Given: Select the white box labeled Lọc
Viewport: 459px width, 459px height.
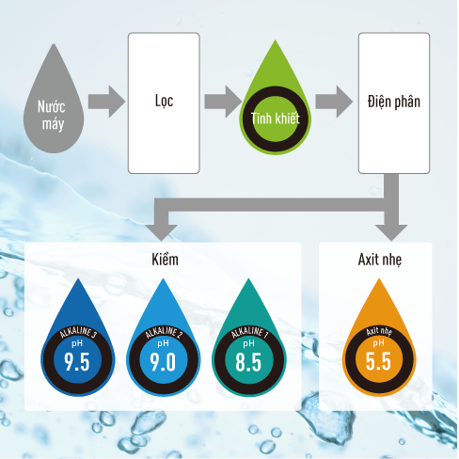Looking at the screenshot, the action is point(164,103).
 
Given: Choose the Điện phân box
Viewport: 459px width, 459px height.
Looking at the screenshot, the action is point(394,103).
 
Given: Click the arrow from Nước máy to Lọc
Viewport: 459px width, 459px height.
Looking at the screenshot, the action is point(106,102).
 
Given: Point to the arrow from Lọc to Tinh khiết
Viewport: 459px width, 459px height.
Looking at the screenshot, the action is point(223,102).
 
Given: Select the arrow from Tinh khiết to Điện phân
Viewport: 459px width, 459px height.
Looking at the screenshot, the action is point(334,102).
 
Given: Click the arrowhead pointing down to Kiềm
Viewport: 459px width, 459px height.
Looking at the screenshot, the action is point(161,232).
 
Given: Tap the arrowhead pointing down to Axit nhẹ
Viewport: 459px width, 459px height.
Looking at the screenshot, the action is point(391,232).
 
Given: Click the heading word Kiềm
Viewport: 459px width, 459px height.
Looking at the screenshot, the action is point(165,260).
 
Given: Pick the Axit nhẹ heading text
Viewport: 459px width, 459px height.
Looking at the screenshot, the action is point(380,260).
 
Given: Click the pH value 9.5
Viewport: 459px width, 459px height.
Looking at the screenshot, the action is point(77,362).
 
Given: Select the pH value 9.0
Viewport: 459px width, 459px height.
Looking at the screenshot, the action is point(163,362).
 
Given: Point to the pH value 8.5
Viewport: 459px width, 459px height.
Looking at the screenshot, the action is point(248,362).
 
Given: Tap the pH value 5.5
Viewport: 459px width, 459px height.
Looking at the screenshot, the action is point(378,361).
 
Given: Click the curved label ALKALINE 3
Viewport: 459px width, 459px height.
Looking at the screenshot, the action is point(78,333).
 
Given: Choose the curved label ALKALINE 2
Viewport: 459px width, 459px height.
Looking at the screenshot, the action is point(164,333).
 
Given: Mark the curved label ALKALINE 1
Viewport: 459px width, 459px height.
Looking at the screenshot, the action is point(249,333).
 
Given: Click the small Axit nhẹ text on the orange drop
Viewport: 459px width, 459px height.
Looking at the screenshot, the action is point(379,332).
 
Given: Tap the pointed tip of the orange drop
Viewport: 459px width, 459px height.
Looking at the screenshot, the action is point(379,278).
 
